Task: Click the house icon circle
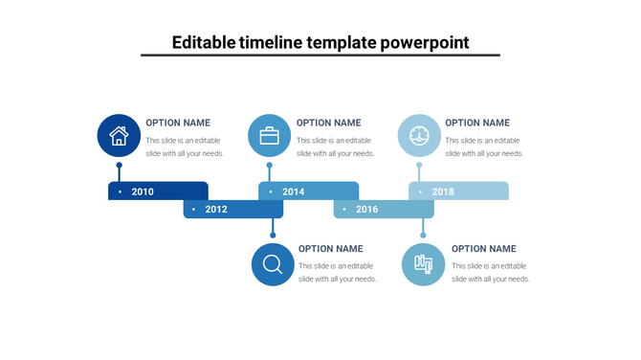point(119,135)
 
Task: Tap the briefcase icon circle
point(269,135)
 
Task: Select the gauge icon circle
point(419,135)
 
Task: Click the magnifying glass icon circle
point(273,264)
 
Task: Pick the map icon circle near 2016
point(423,264)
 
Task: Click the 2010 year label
point(143,191)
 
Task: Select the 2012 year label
point(216,209)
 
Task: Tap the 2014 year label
point(293,191)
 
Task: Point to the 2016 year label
point(366,209)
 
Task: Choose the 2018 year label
point(443,191)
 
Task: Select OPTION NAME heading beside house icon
point(178,123)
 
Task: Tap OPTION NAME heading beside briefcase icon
point(328,123)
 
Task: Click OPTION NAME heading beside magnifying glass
point(331,249)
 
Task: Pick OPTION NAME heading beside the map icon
point(483,249)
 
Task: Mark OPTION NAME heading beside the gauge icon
point(477,123)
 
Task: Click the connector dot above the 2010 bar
point(119,165)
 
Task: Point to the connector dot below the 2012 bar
point(273,235)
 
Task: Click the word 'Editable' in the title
point(205,43)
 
